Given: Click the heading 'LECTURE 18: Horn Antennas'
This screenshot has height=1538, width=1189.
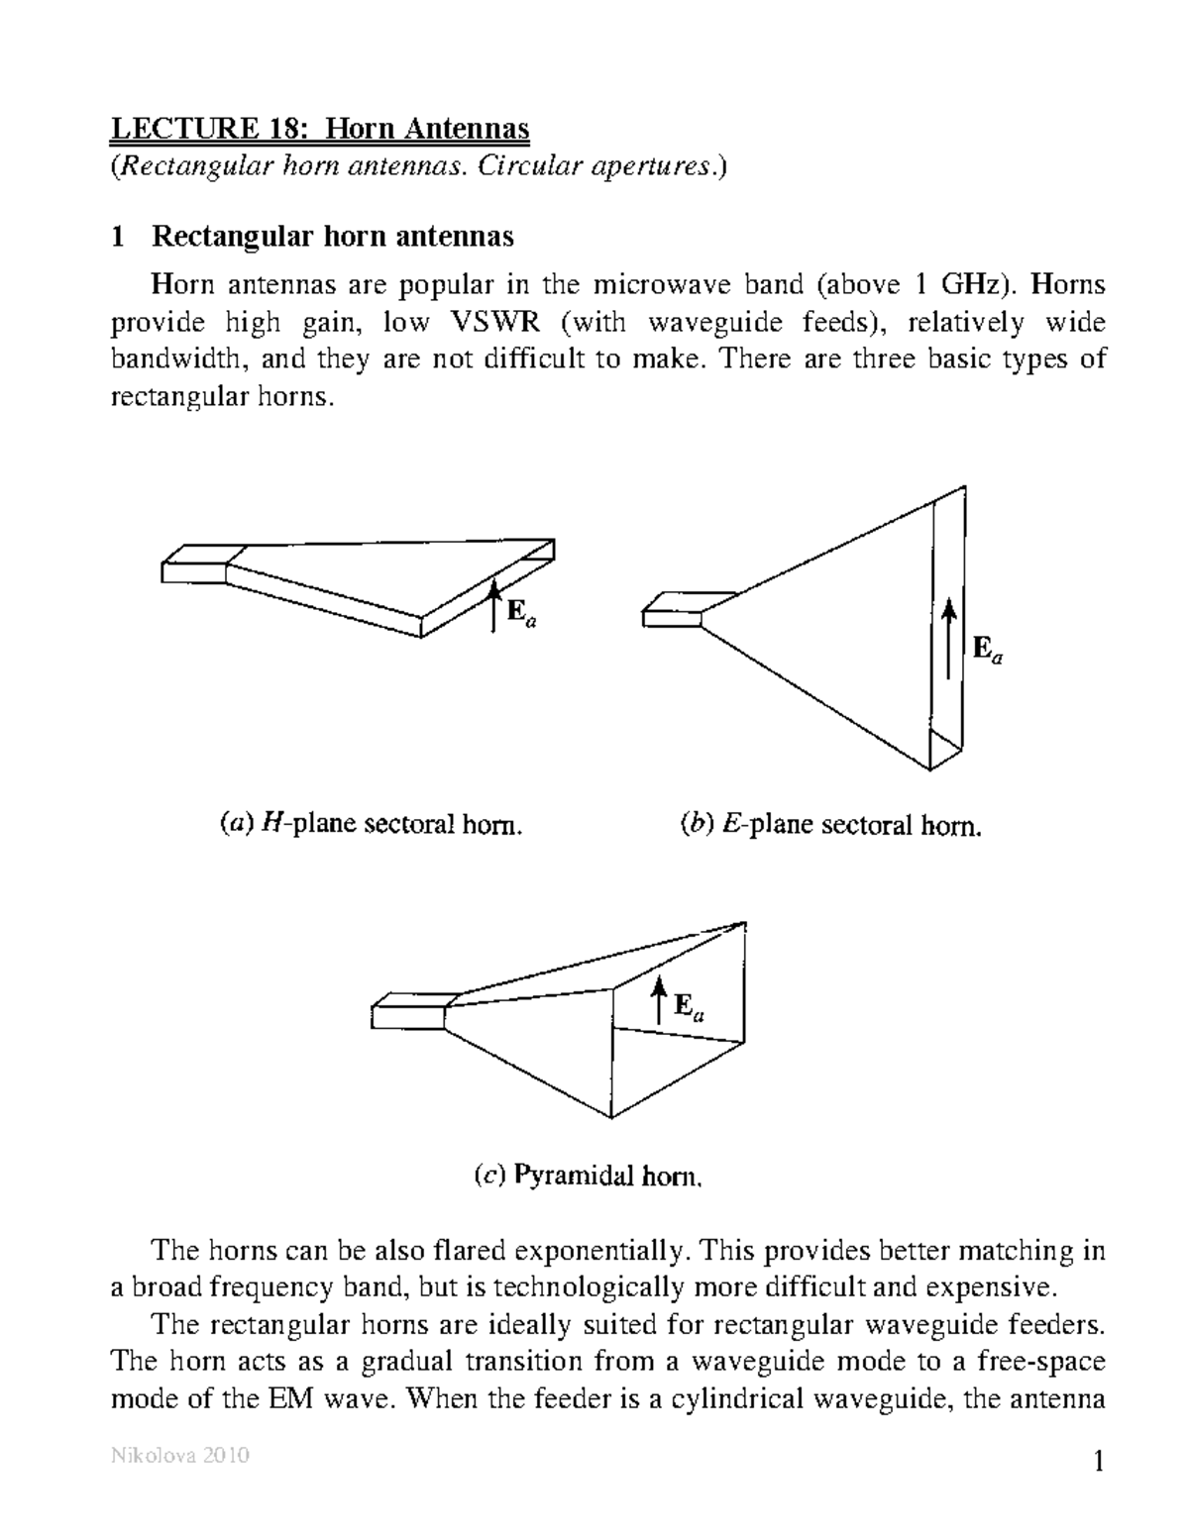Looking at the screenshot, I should click(x=319, y=129).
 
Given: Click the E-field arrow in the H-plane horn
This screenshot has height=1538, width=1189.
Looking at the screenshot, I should click(x=492, y=606).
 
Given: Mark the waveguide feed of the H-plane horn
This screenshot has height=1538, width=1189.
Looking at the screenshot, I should click(x=196, y=564).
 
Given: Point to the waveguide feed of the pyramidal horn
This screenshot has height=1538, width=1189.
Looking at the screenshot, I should click(x=410, y=1010).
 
